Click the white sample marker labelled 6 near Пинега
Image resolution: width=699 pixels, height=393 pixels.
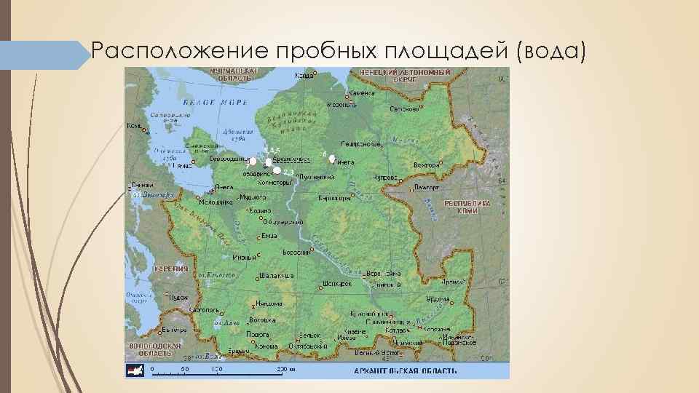(x=332, y=159)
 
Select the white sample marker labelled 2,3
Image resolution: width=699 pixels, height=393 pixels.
(x=277, y=170)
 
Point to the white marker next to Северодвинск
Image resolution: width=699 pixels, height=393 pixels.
(x=253, y=161)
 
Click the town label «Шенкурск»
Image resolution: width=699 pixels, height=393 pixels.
(x=336, y=284)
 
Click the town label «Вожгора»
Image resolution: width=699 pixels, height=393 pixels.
(x=427, y=165)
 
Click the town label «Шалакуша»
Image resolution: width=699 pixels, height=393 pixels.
(x=277, y=276)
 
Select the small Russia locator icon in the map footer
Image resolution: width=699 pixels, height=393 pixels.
(x=136, y=370)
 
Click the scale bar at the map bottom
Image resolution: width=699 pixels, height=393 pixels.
(x=218, y=368)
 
